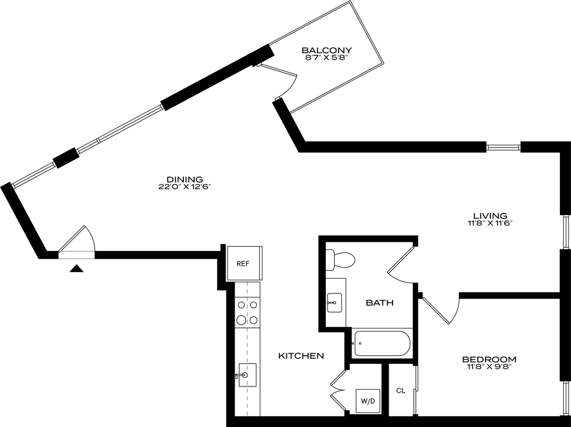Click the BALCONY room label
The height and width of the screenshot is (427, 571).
coord(327,50)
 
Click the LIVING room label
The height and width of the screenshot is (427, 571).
coord(490,216)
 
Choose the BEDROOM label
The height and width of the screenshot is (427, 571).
coord(489,360)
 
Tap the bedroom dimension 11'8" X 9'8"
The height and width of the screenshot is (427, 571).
coord(489,367)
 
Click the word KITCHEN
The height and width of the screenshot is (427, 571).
coord(301,356)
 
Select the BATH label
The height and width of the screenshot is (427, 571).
coord(380,303)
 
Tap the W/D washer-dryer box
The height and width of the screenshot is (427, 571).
coord(368,401)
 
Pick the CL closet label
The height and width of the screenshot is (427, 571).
coord(401,391)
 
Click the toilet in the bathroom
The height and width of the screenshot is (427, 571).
coord(340,260)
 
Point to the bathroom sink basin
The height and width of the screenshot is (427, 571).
coord(335,302)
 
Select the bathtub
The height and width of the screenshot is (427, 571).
coord(382,343)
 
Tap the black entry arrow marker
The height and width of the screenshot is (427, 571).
coord(77,269)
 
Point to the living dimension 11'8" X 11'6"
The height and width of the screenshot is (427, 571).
coord(490,223)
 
